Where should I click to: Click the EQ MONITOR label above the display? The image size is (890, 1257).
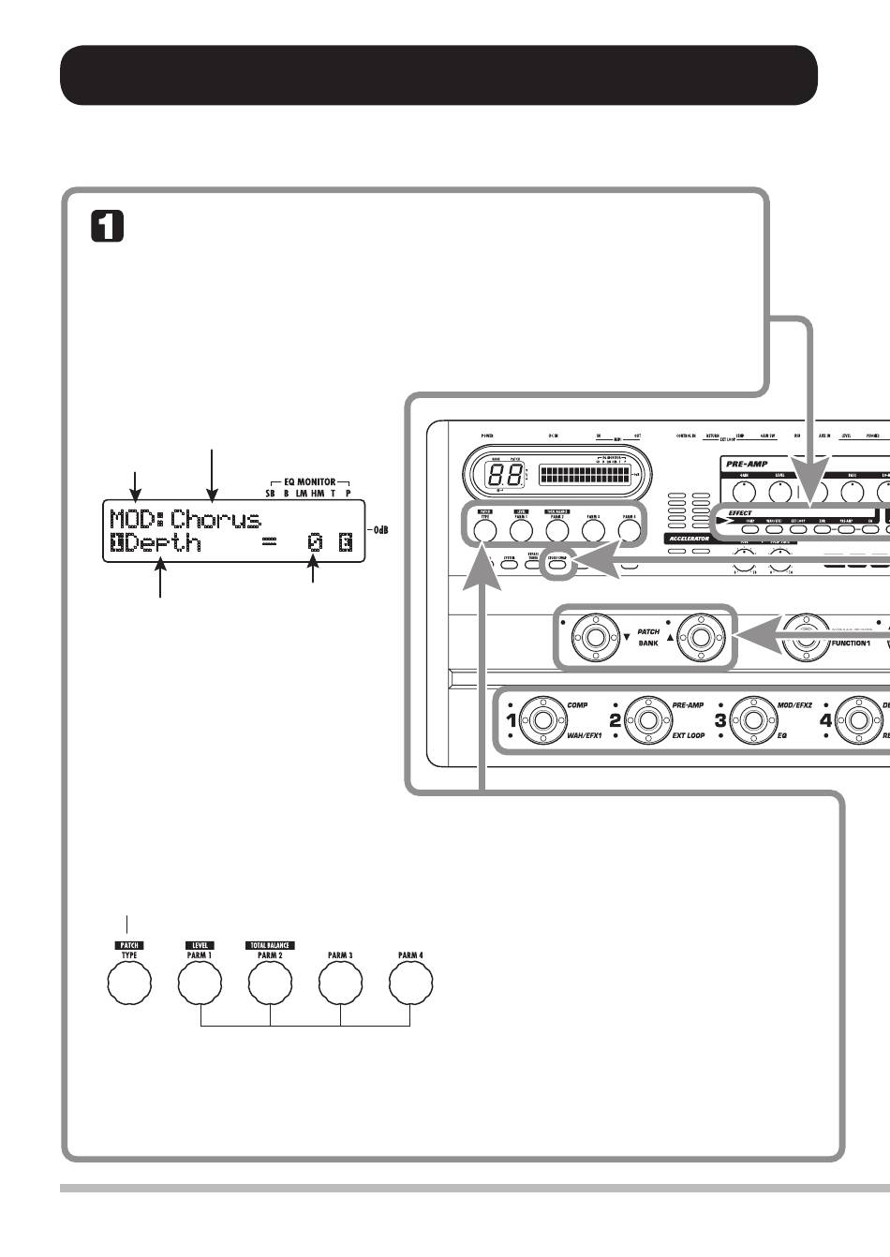pyautogui.click(x=309, y=481)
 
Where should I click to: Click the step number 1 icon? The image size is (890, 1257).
pyautogui.click(x=108, y=227)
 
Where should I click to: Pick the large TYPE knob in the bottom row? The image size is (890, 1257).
pyautogui.click(x=129, y=983)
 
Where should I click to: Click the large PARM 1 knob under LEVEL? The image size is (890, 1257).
pyautogui.click(x=200, y=983)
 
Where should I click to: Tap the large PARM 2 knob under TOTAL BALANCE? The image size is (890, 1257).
pyautogui.click(x=270, y=983)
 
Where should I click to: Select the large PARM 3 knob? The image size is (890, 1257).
pyautogui.click(x=340, y=983)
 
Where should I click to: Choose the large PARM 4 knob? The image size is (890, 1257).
pyautogui.click(x=410, y=983)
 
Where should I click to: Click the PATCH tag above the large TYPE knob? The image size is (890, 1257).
pyautogui.click(x=129, y=945)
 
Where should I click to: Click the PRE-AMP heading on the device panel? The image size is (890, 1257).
pyautogui.click(x=747, y=463)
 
